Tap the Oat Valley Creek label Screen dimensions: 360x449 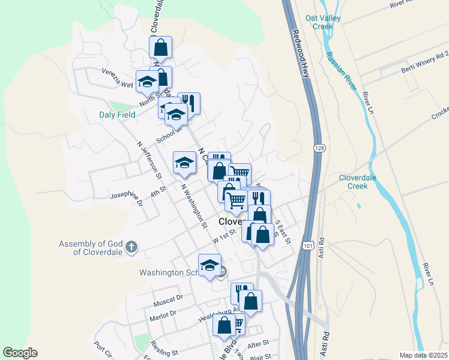click(322, 22)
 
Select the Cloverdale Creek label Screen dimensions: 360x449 click(361, 182)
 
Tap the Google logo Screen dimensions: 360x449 click(20, 353)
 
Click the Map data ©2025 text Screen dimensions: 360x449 click(423, 355)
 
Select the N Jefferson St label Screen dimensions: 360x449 click(149, 160)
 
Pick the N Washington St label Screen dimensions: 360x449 click(194, 206)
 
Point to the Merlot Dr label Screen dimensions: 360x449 click(164, 313)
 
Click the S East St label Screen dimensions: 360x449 click(283, 232)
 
